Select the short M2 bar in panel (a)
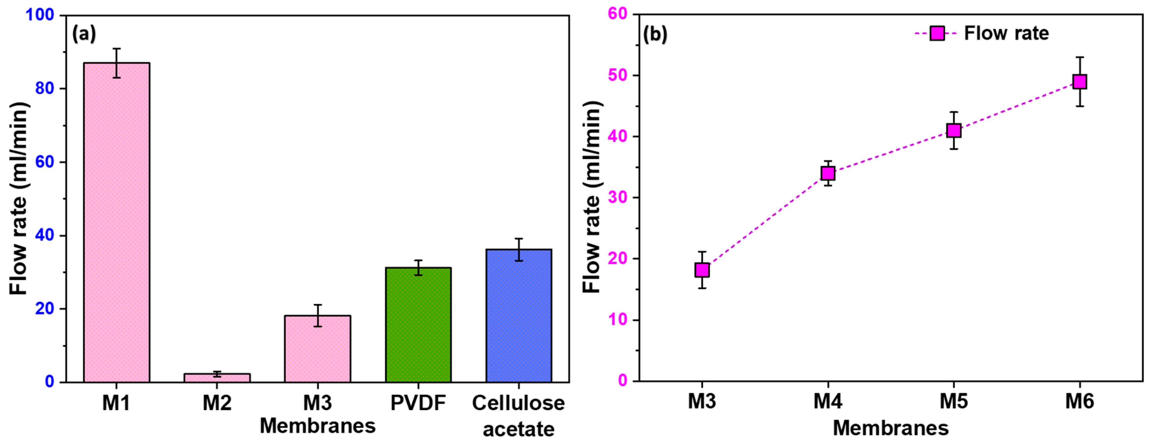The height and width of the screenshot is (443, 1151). point(217,378)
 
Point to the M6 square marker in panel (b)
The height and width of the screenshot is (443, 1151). point(1080,82)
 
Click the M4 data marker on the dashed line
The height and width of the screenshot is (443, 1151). point(828,173)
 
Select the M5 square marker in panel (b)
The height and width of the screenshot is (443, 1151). point(954,130)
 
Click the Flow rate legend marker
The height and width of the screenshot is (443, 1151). point(937,33)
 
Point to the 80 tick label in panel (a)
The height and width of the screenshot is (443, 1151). point(45,88)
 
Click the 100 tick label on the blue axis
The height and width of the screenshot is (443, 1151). point(40,15)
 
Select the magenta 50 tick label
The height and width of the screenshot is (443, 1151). point(618,75)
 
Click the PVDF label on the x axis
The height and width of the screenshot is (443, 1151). point(418,403)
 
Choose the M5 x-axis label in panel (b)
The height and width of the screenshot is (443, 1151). point(954,401)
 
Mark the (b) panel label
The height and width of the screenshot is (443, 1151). point(655,34)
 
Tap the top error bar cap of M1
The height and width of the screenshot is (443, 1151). point(117,49)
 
